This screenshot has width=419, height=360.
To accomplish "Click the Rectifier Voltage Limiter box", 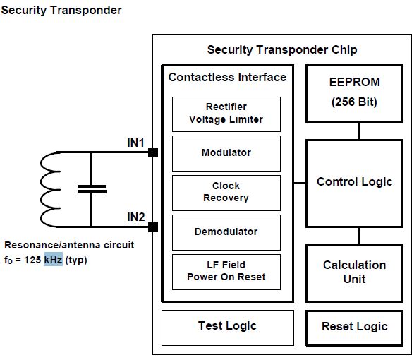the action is pos(226,114).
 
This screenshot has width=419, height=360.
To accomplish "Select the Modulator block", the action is pos(226,153).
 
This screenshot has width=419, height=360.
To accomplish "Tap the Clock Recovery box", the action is pos(226,193).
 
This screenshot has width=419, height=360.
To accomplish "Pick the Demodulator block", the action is pos(226,232).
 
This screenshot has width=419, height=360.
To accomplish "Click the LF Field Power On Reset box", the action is pos(226,272).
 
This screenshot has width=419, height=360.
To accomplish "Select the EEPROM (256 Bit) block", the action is pos(354,93).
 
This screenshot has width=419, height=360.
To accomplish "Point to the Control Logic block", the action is pos(354,184).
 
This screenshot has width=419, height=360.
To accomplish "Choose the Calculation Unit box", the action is pos(354,273).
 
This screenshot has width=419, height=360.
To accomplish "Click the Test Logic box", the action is pos(228,328).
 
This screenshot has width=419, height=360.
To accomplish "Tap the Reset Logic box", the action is pos(354,328).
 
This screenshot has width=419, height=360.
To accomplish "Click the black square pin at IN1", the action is pos(153,152).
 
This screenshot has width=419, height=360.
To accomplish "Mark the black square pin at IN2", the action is pos(153,227).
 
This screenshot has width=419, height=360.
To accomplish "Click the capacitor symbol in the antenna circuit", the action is pos(92,189).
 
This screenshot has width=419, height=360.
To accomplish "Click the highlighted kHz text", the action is pos(53,260).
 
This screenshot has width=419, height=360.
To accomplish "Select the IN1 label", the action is pos(135,143).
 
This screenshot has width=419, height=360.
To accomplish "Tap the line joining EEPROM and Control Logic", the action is pos(358,131).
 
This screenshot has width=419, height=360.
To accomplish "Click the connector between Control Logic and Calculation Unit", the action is pos(358,236).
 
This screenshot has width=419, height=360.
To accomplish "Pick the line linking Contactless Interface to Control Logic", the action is pos(300,184).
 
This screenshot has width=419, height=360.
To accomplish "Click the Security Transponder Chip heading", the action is pos(282,49).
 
